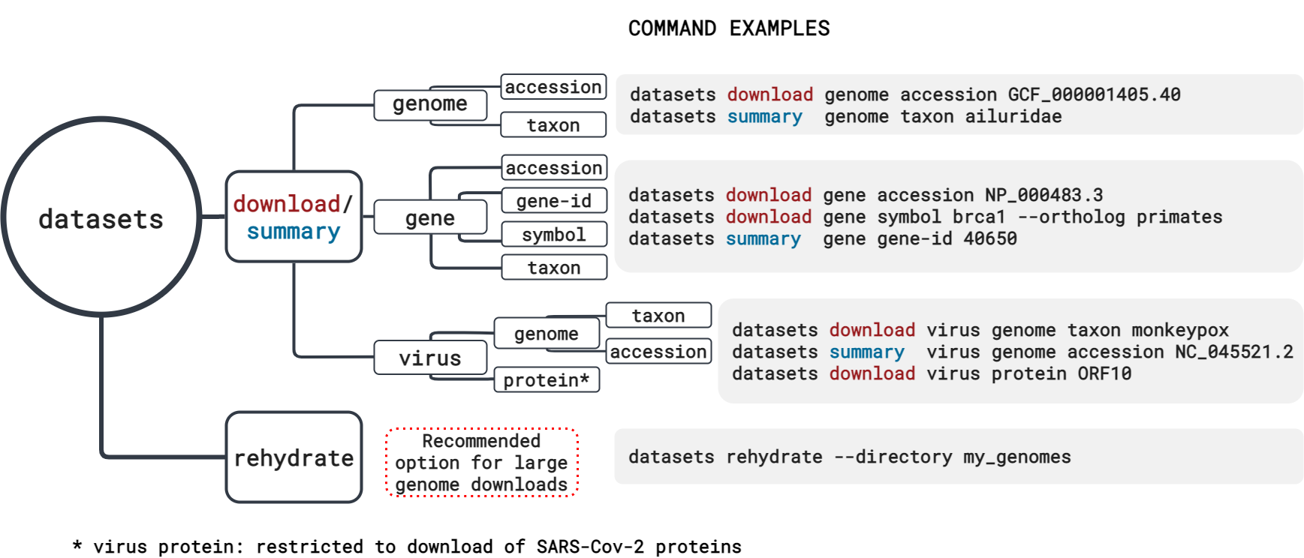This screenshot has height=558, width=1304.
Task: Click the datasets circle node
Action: point(101,217)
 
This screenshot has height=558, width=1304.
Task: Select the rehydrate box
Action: point(294,457)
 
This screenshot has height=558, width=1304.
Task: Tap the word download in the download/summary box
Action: point(287,204)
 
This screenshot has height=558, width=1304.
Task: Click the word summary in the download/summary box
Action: point(294,232)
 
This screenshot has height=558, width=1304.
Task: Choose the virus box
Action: point(430,358)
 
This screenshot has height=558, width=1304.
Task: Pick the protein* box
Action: point(546,380)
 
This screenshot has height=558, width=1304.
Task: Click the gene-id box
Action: point(554,201)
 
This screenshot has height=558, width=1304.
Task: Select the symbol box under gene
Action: point(554,235)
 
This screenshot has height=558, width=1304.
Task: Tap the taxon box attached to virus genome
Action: point(658,316)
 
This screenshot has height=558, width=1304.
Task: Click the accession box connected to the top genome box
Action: point(553,87)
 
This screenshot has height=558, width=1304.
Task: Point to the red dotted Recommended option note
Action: point(481,463)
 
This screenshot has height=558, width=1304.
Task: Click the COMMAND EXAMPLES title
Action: point(729,28)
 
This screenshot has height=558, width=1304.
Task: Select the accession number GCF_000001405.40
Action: point(1094,94)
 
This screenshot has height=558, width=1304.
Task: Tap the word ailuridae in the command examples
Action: point(1013,116)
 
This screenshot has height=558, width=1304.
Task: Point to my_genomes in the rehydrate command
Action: point(1017,457)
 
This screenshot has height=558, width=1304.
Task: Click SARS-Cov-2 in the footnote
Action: point(590,547)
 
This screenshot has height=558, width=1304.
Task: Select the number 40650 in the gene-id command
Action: point(990,238)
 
